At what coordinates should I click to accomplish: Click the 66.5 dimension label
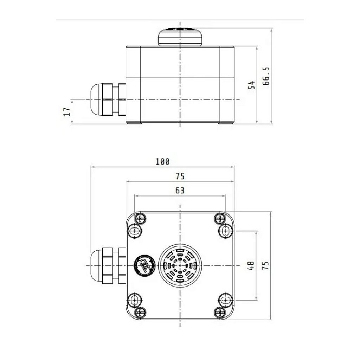[x=266, y=76]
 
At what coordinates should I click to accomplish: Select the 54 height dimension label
[x=252, y=85]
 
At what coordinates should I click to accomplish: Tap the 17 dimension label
[x=67, y=111]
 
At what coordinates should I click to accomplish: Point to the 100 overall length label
[x=162, y=162]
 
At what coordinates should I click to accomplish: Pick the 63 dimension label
[x=180, y=190]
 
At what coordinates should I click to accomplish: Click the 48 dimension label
[x=251, y=266]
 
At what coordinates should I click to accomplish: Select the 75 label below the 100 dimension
[x=180, y=176]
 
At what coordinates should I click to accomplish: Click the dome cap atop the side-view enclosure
[x=180, y=37]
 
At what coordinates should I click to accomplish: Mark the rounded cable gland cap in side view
[x=96, y=99]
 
